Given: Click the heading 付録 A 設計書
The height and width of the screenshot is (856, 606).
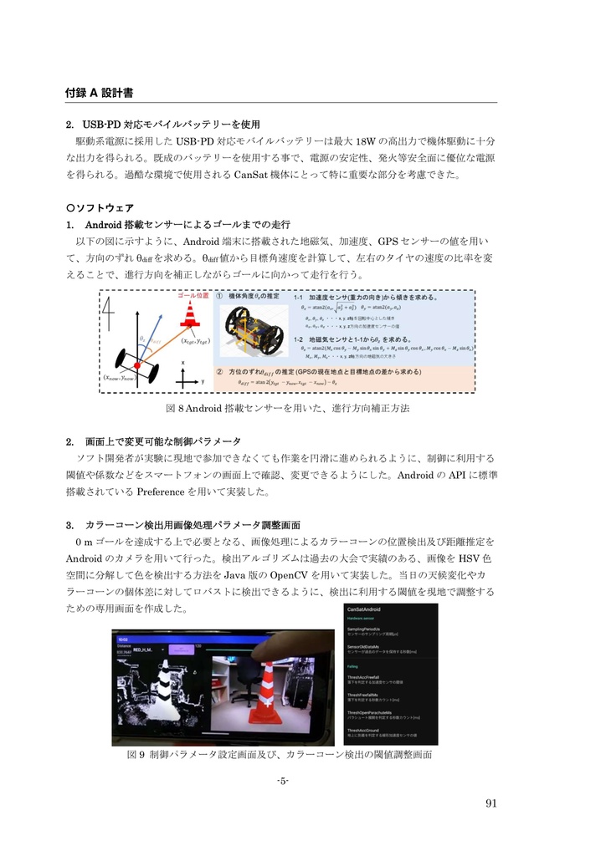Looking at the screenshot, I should [x=101, y=91].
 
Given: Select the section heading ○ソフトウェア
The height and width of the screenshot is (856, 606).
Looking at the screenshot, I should [x=100, y=207].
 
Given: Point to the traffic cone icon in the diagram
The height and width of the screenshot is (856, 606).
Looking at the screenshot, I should [x=190, y=316].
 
